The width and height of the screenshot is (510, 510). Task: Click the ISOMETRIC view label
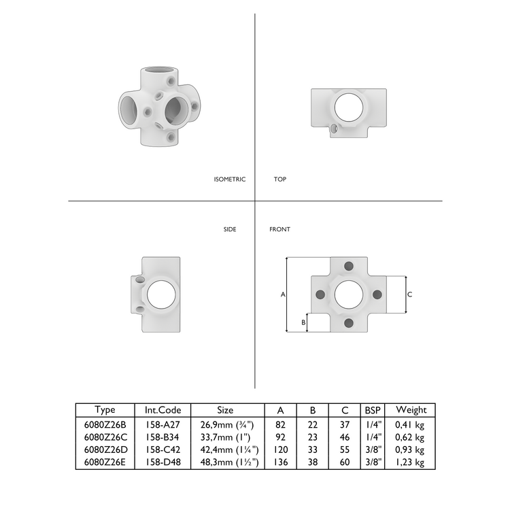click(229, 180)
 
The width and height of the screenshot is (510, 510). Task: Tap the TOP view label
click(280, 180)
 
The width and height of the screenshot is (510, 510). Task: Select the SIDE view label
click(230, 230)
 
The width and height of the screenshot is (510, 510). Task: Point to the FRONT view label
click(279, 230)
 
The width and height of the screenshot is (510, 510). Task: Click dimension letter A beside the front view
click(282, 294)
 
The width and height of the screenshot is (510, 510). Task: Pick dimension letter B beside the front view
click(303, 322)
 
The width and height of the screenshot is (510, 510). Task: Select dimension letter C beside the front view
click(410, 294)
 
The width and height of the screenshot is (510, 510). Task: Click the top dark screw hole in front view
click(349, 266)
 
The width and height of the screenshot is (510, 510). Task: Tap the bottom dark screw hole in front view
click(349, 323)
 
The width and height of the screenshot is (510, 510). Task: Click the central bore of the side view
click(161, 294)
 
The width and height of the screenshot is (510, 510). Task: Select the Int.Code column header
click(163, 410)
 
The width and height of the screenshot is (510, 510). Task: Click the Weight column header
click(411, 410)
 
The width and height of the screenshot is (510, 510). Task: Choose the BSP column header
click(373, 410)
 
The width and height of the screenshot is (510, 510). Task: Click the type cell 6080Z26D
click(105, 449)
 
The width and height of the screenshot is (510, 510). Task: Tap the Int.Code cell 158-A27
click(163, 424)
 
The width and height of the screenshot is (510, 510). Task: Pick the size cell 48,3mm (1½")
click(225, 462)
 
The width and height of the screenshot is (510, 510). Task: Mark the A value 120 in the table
click(281, 449)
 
